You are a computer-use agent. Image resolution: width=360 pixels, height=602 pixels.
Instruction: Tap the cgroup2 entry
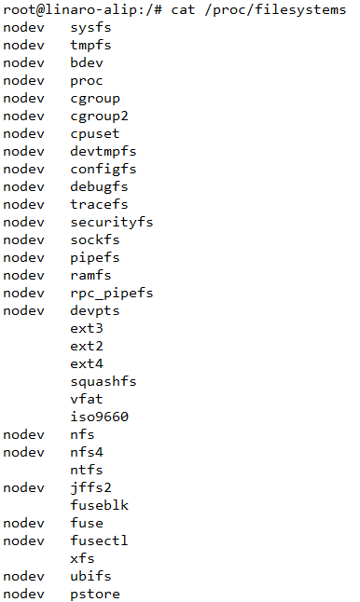tap(99, 116)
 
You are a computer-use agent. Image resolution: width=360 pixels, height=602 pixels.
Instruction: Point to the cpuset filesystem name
tap(95, 133)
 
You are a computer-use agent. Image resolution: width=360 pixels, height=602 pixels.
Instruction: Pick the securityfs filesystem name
tap(112, 222)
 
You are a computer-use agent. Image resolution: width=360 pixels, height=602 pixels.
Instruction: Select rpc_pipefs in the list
tap(112, 293)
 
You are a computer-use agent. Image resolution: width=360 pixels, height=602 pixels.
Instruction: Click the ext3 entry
tap(86, 328)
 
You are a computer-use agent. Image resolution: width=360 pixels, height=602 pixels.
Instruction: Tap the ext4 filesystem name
tap(86, 363)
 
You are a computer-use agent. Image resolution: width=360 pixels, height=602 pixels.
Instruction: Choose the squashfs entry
tap(103, 381)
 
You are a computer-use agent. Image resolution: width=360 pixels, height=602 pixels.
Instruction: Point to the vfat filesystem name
tap(86, 399)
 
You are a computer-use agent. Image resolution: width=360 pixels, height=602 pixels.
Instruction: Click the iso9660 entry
tap(99, 417)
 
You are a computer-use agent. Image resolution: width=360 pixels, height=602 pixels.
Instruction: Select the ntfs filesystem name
tap(86, 470)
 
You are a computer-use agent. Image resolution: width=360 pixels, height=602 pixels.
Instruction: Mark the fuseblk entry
tap(99, 505)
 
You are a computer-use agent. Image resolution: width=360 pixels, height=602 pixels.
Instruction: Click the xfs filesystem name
tap(82, 558)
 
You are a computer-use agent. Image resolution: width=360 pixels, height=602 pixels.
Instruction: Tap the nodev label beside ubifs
tap(23, 576)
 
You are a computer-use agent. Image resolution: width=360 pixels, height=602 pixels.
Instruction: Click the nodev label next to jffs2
tap(23, 487)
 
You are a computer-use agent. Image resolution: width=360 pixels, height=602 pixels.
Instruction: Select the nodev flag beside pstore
tap(23, 594)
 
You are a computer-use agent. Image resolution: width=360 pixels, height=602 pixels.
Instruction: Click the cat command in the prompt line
tap(182, 9)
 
